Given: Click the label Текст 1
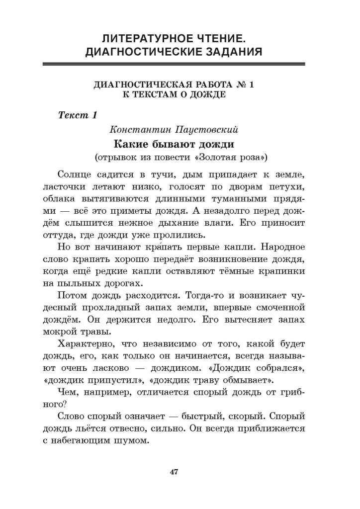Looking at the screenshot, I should (x=77, y=115).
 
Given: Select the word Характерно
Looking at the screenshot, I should (x=87, y=344).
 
